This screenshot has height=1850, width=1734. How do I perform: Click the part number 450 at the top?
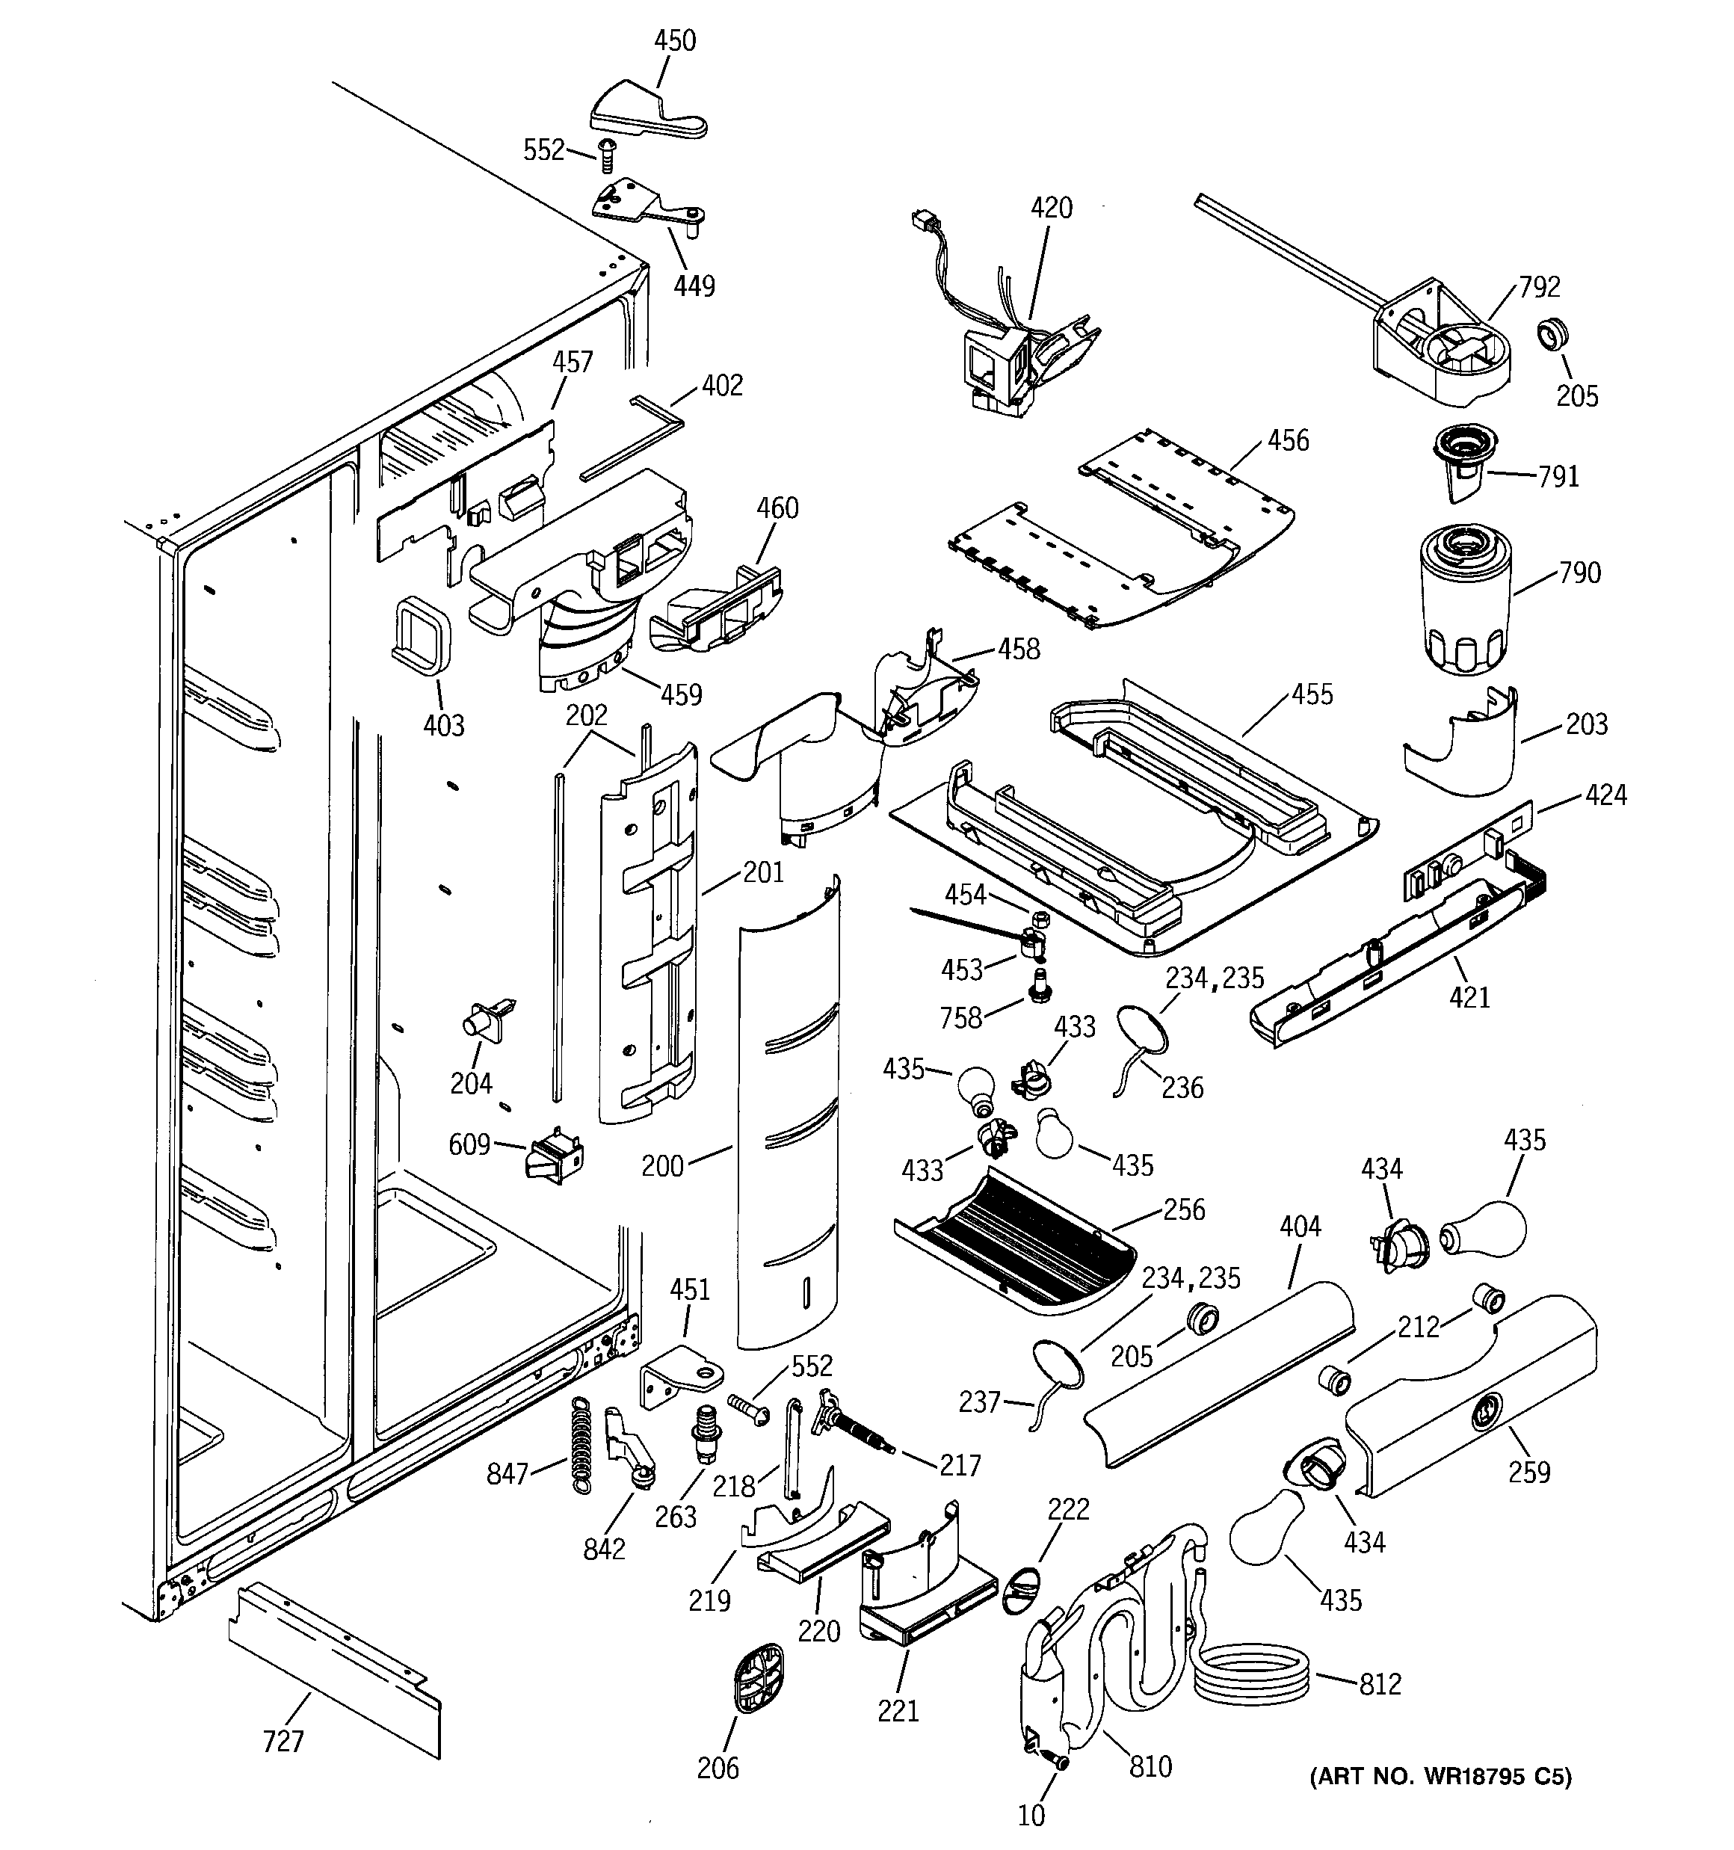[x=675, y=41]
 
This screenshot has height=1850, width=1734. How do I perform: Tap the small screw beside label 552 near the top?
[x=606, y=155]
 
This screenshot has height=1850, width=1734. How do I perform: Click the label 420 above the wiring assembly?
[x=1051, y=208]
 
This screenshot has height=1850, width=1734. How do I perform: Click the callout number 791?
[x=1558, y=476]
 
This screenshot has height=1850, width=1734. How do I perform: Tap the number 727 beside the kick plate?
[x=283, y=1740]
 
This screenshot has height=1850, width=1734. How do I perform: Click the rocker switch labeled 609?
[x=555, y=1159]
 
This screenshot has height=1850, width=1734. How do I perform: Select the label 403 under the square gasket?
[x=443, y=725]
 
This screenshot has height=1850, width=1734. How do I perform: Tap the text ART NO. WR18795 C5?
[x=1440, y=1777]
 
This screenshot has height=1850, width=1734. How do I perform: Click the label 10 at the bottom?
[x=1031, y=1815]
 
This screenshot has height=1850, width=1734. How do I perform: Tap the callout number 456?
[x=1288, y=440]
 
